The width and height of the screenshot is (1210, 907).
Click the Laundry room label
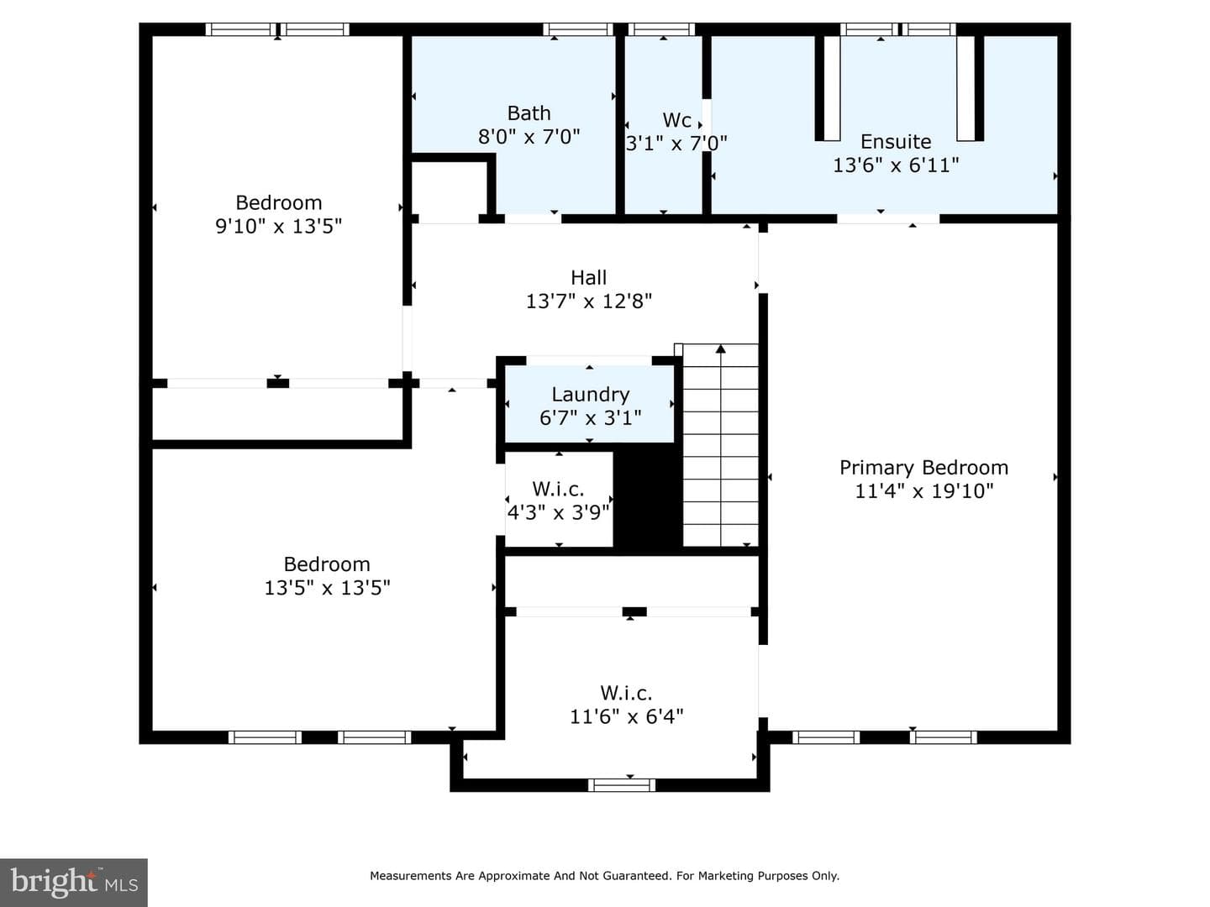[591, 395]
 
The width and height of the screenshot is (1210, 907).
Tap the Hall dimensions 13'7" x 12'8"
[589, 301]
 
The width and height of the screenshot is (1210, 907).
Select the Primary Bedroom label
[924, 468]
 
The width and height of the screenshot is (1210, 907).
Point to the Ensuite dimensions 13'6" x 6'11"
[896, 165]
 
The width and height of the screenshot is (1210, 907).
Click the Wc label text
[676, 119]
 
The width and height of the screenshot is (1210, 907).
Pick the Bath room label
[529, 113]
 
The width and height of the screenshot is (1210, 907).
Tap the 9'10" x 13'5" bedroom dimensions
[278, 226]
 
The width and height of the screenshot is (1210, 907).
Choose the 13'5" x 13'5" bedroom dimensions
[327, 588]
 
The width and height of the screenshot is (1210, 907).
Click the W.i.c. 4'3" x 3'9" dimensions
[559, 512]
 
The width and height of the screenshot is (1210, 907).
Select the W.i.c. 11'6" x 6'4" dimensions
[626, 716]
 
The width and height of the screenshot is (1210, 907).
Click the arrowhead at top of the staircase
[720, 349]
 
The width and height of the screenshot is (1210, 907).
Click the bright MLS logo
[74, 883]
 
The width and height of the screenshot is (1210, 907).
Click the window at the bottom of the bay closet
[622, 784]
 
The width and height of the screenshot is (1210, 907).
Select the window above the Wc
[661, 29]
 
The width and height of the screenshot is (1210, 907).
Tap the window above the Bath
[578, 29]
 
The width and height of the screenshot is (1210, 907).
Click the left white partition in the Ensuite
[832, 88]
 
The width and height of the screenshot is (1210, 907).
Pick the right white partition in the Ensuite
[965, 88]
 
